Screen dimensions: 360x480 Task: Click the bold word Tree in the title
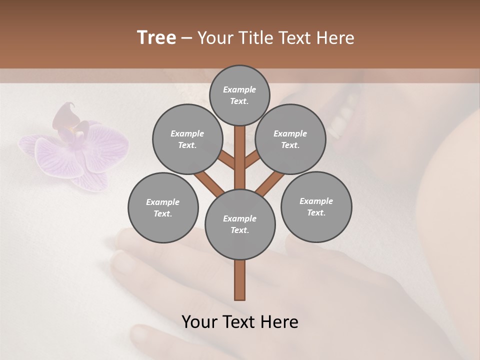pyautogui.click(x=156, y=37)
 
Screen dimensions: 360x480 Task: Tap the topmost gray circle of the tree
pyautogui.click(x=239, y=95)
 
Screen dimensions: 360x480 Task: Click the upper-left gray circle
pyautogui.click(x=187, y=139)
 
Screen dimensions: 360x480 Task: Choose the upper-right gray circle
pyautogui.click(x=290, y=139)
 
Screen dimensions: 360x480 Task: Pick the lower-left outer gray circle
pyautogui.click(x=163, y=207)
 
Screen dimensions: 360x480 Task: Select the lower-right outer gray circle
pyautogui.click(x=316, y=206)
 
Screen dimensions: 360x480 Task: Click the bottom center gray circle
pyautogui.click(x=240, y=224)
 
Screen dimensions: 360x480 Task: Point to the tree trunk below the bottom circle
pyautogui.click(x=240, y=280)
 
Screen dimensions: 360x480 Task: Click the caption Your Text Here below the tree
pyautogui.click(x=240, y=322)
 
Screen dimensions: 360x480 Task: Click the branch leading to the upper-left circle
pyautogui.click(x=226, y=159)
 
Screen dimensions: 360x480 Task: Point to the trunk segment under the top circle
pyautogui.click(x=240, y=150)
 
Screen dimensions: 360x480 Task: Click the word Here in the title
pyautogui.click(x=336, y=38)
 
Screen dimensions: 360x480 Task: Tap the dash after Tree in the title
pyautogui.click(x=186, y=38)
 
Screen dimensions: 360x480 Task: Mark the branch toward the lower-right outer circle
pyautogui.click(x=270, y=183)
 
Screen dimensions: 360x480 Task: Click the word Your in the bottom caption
pyautogui.click(x=199, y=322)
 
